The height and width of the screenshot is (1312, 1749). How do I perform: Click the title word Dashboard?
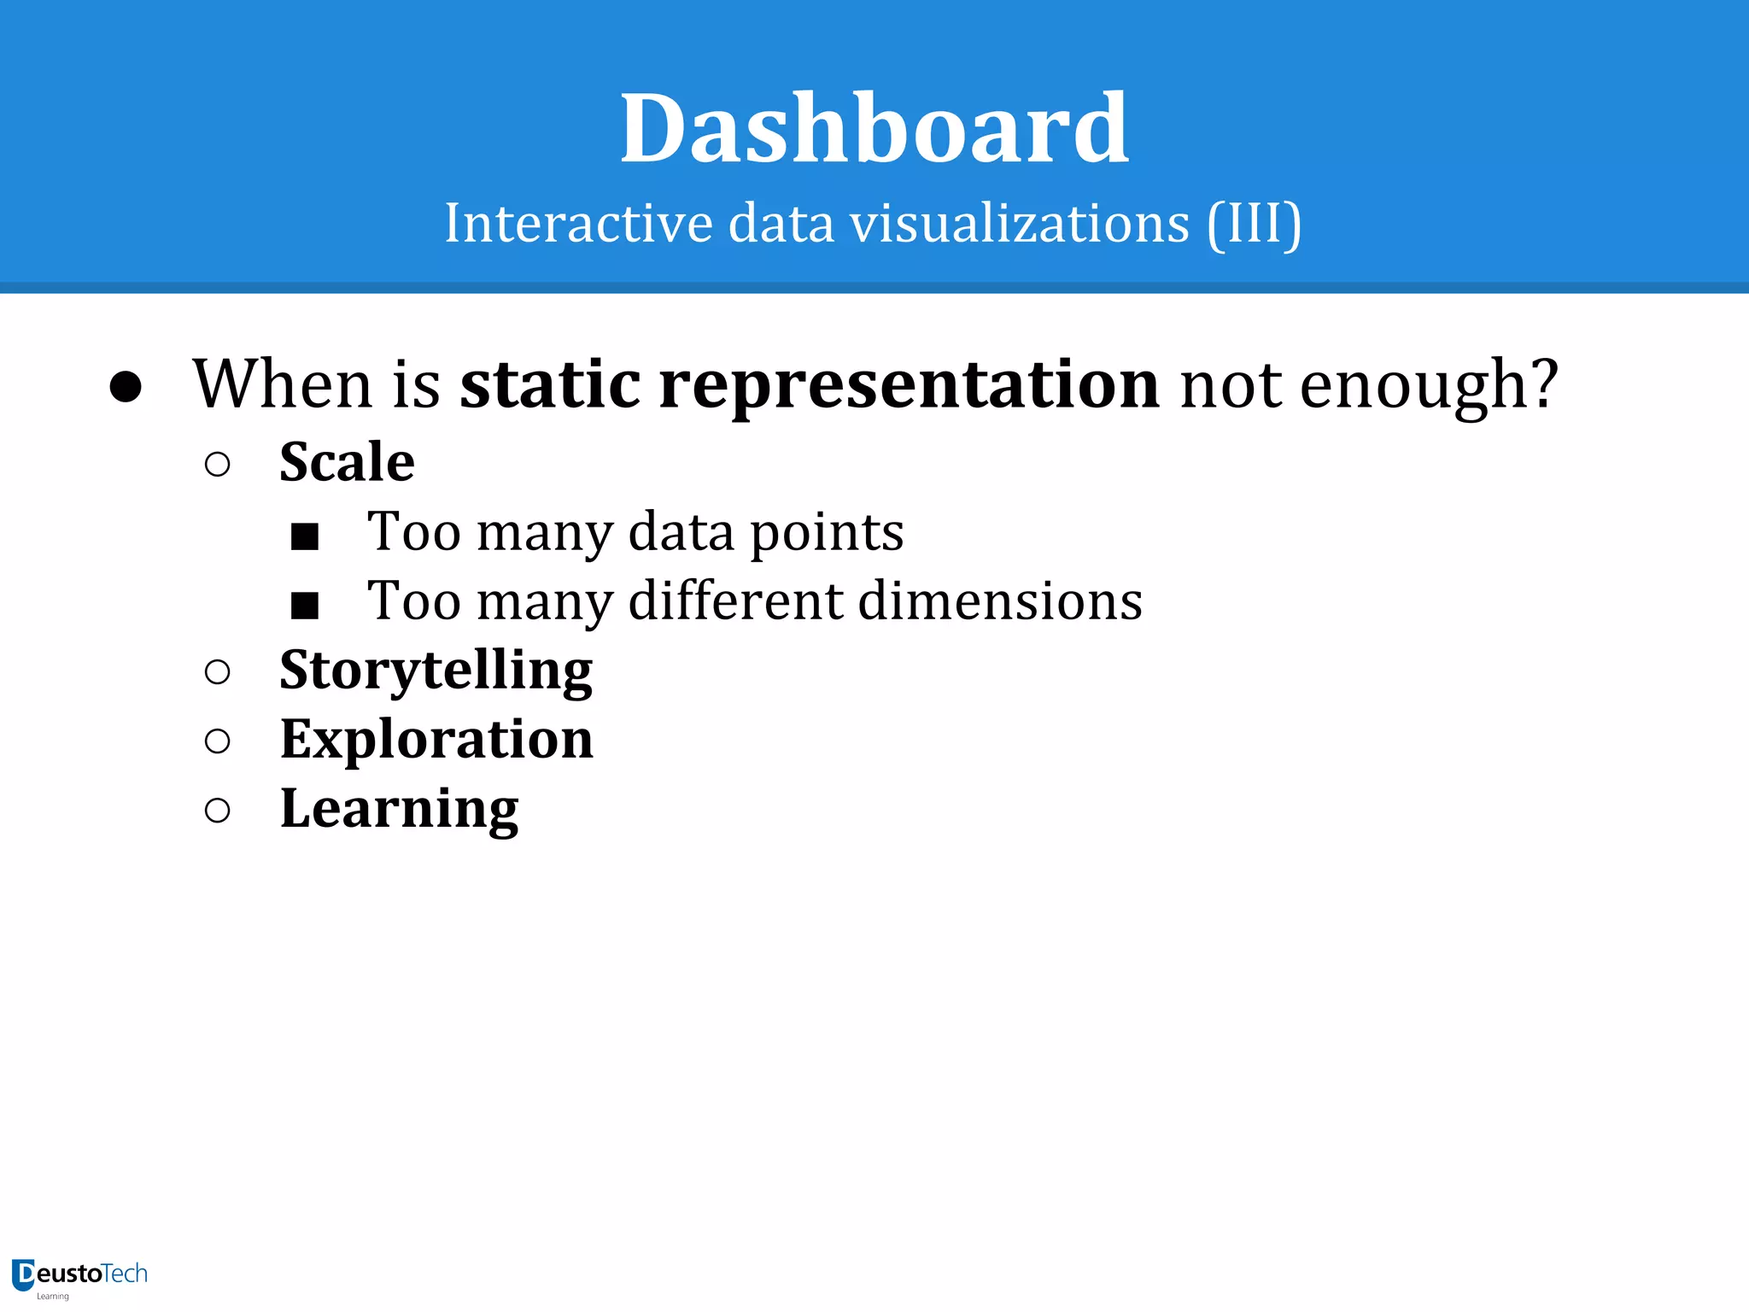coord(874,130)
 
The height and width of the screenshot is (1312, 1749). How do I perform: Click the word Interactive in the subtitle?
coord(578,224)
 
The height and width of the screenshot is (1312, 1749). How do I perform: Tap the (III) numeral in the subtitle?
coord(1254,224)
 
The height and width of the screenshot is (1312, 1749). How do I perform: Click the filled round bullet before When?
coord(126,387)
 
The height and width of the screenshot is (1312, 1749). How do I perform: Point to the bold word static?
coord(550,384)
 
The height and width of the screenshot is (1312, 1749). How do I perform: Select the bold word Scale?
coord(347,462)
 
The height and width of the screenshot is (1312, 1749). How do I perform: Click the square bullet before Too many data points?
coord(305,536)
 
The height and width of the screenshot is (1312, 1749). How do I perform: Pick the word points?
coord(826,534)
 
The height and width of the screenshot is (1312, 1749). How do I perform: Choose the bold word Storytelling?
coord(436,671)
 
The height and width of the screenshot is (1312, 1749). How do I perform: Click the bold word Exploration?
coord(436,739)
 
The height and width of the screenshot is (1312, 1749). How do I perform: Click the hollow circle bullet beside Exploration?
coord(218,741)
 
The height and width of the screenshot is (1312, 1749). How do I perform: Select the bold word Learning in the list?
coord(399,810)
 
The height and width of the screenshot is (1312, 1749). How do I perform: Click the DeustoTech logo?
coord(79,1276)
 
